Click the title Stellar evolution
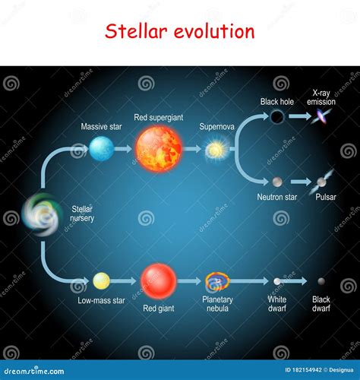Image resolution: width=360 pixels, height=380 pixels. (179, 31)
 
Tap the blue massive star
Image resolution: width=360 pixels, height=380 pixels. (101, 148)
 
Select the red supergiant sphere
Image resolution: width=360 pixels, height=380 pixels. (158, 148)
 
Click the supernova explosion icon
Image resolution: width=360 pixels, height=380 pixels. (216, 150)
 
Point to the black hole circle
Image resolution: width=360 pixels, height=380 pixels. (277, 116)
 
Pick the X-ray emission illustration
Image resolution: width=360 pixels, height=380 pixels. (322, 116)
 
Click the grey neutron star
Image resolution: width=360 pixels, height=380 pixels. (277, 182)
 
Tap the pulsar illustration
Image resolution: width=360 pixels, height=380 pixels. (322, 180)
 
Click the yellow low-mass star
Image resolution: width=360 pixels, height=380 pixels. (101, 281)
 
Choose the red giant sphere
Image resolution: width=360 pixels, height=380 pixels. (158, 281)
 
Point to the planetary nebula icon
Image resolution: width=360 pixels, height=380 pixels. (217, 282)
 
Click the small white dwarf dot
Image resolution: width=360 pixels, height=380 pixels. (277, 281)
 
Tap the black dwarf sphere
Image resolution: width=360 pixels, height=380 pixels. (321, 281)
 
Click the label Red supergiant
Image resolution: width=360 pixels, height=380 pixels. (158, 117)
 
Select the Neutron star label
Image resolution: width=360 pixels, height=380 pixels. (276, 197)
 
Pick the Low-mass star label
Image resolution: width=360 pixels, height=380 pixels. (101, 300)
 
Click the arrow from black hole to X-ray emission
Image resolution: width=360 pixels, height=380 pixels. (299, 116)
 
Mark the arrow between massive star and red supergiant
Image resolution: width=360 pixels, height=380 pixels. (123, 149)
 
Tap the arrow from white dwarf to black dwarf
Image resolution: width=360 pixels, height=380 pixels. (295, 281)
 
